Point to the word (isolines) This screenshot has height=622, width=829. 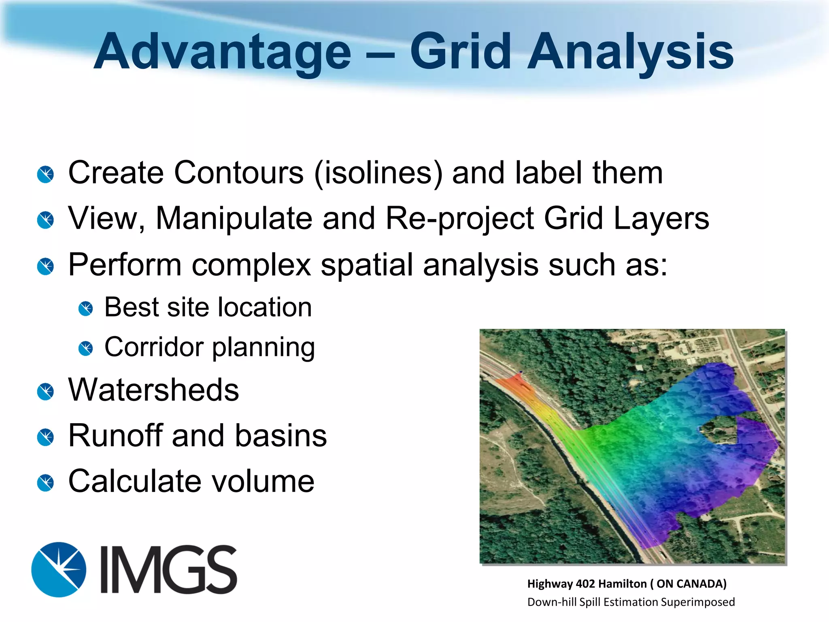[x=378, y=173]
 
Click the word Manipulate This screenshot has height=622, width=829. [x=234, y=219]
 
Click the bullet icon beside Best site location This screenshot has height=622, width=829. [x=86, y=309]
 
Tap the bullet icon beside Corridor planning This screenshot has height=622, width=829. [x=86, y=348]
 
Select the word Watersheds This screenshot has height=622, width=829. [x=153, y=390]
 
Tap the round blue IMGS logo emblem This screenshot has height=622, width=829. [x=59, y=569]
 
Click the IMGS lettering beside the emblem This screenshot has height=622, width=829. [x=168, y=569]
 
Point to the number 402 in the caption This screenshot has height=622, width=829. [x=585, y=584]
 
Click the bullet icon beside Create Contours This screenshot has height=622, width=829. [x=45, y=175]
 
